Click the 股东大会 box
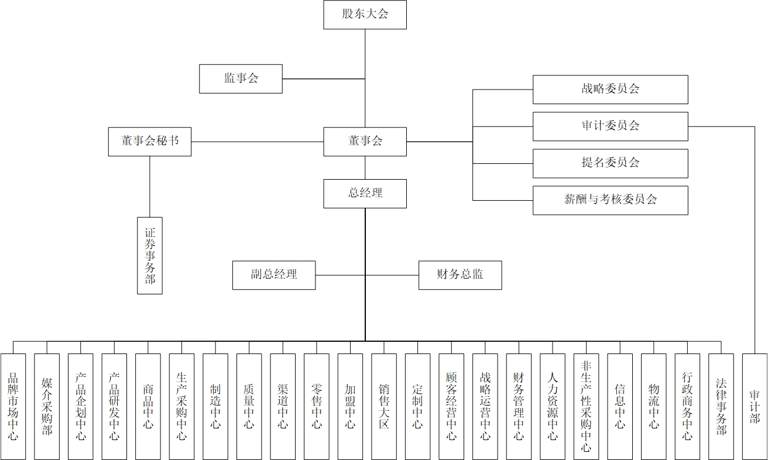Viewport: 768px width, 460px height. point(365,15)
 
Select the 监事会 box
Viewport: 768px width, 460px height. point(241,78)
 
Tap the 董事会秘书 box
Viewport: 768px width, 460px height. point(149,142)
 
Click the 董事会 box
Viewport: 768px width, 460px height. point(365,142)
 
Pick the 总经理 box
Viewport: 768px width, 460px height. point(365,193)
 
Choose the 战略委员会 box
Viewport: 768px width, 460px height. point(610,90)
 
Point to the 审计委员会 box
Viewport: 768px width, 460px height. point(610,126)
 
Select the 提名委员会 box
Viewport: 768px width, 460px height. point(610,163)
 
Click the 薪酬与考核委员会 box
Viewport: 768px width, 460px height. point(610,200)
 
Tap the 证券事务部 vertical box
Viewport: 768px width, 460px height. point(150,255)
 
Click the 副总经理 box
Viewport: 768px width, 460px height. point(274,275)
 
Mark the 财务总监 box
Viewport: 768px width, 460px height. point(460,275)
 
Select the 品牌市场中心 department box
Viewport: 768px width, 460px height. point(13,406)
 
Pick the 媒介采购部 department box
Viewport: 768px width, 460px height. point(47,406)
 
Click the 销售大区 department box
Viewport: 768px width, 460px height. point(384,406)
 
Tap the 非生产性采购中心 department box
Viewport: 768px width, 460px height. point(586,406)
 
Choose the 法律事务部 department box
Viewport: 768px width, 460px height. point(721,406)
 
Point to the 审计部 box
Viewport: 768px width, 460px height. point(755,406)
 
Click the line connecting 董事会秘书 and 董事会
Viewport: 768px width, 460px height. point(258,142)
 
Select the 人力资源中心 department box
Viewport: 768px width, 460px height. point(553,406)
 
